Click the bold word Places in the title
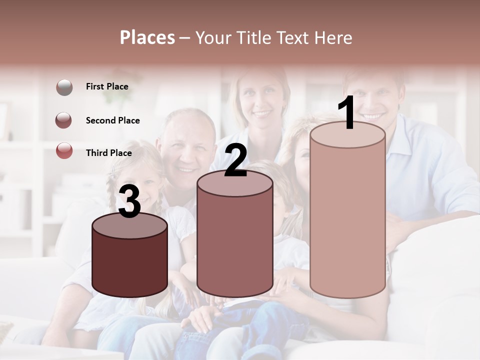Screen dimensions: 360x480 [x=147, y=37]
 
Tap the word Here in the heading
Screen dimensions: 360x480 [x=333, y=37]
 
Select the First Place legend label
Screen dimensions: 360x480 [x=107, y=86]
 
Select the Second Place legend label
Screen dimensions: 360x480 [x=112, y=120]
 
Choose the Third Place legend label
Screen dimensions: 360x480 [x=109, y=153]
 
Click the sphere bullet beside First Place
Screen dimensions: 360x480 [x=64, y=87]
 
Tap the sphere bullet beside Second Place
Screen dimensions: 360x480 [x=64, y=120]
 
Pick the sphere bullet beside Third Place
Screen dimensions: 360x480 [x=64, y=150]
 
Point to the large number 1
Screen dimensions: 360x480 [x=347, y=113]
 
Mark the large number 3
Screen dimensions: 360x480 [x=129, y=202]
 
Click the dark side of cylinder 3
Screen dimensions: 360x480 [x=129, y=265]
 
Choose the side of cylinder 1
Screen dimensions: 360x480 [x=347, y=220]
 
